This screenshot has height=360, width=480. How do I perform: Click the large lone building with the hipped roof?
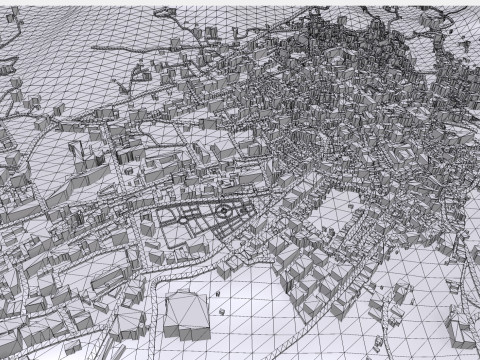pyautogui.click(x=185, y=311)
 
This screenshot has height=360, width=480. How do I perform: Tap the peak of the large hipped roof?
pyautogui.click(x=184, y=298)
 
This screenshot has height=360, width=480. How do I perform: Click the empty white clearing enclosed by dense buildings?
pyautogui.click(x=345, y=215)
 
